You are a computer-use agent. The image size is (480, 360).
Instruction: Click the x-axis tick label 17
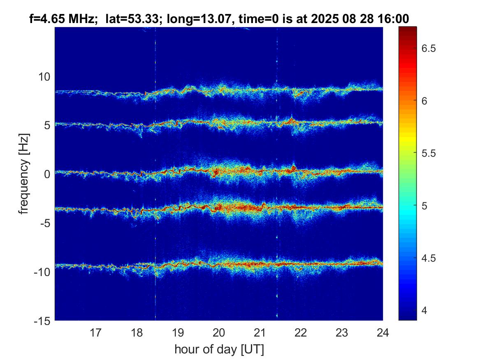coord(96,332)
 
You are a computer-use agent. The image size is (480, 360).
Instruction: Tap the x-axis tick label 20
coord(219,332)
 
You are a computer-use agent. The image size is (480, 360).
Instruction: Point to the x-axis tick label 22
coord(301,332)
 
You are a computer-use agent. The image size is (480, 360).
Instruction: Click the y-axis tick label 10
coord(44,77)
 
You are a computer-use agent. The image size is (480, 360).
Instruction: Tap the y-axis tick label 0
coord(46,174)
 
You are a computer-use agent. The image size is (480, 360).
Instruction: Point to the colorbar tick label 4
coord(425,310)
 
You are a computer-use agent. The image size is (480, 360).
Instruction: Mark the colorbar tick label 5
coord(425,205)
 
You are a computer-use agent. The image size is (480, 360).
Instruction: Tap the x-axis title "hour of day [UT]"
coord(219,349)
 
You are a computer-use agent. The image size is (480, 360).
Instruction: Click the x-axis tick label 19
coord(178,332)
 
